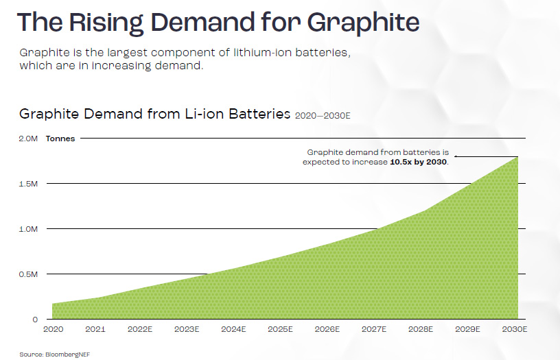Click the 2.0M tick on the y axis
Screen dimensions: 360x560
click(28, 139)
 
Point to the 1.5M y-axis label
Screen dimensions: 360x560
click(28, 184)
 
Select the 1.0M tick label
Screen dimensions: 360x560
click(28, 229)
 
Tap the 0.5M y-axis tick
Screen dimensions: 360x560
click(28, 274)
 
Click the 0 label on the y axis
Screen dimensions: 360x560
click(34, 320)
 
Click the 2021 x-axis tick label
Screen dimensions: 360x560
click(95, 330)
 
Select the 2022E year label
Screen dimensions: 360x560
click(140, 330)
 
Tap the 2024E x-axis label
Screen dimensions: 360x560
click(233, 330)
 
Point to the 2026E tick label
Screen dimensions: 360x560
click(327, 330)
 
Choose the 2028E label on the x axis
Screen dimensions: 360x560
click(421, 330)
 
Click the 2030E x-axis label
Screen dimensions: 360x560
click(514, 330)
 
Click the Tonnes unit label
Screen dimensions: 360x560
click(60, 139)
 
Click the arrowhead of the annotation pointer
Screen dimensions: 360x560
click(456, 156)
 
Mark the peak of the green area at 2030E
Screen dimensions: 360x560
click(517, 157)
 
